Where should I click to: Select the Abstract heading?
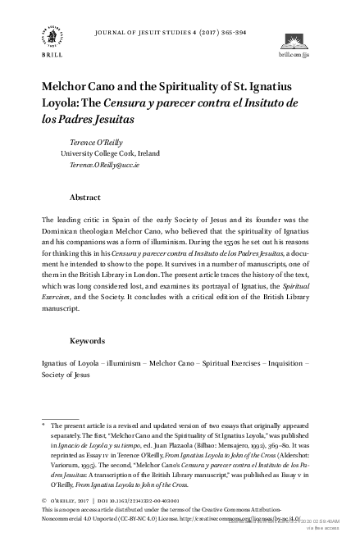pyautogui.click(x=85, y=198)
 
